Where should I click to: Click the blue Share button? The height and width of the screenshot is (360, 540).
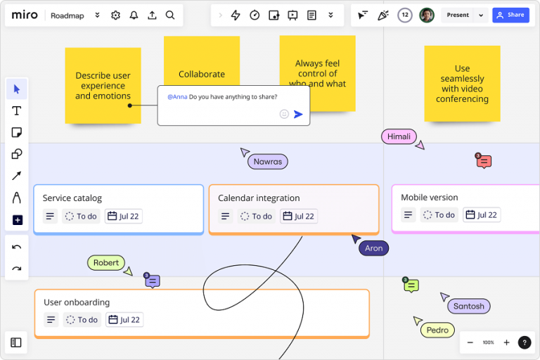(x=510, y=15)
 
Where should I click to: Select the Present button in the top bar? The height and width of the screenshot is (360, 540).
(x=458, y=15)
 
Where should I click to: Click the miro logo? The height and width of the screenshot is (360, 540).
(x=25, y=15)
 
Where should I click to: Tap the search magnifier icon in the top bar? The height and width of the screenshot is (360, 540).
(x=170, y=15)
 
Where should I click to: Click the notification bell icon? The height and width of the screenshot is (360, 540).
(x=134, y=15)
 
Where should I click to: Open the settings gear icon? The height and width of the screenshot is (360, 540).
(x=116, y=15)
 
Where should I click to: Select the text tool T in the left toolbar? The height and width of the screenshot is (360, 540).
(x=17, y=110)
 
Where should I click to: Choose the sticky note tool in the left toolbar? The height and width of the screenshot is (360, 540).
(x=17, y=132)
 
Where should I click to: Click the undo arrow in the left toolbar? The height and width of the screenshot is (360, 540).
(x=17, y=247)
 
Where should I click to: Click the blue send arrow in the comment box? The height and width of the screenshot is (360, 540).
(x=298, y=114)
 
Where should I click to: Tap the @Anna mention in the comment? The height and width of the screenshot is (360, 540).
(x=177, y=97)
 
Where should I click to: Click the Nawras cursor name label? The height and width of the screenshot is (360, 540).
(x=267, y=162)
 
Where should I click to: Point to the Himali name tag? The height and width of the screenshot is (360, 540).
(x=399, y=136)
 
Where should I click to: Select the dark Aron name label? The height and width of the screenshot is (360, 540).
(x=373, y=248)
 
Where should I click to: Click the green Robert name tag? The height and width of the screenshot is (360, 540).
(x=106, y=263)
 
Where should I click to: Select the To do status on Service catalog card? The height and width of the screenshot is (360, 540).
(x=81, y=217)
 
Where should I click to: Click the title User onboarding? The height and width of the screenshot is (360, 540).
(x=77, y=302)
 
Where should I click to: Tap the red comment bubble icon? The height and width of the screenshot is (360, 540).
(x=484, y=162)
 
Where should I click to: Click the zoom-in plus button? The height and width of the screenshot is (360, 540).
(x=506, y=342)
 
